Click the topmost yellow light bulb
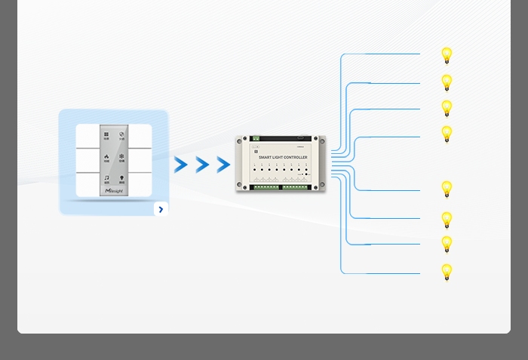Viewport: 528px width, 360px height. coord(447,55)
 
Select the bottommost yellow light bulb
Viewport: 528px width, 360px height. coord(447,272)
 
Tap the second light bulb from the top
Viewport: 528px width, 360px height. coord(447,82)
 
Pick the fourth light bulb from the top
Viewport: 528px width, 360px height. coord(447,134)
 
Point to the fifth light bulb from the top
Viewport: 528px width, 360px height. coord(447,189)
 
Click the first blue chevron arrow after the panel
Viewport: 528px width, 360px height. coord(181,165)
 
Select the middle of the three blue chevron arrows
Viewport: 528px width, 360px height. coord(202,165)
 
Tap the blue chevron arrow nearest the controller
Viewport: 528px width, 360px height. coord(223,165)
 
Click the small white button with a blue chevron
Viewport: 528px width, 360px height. coord(161,209)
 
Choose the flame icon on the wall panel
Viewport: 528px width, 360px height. coord(106,158)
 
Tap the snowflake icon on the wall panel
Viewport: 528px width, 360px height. coord(121,158)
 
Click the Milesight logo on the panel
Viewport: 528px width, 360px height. coord(114,192)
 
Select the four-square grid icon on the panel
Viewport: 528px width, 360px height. coord(106,136)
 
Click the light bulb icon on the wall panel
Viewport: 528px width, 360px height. coord(121,180)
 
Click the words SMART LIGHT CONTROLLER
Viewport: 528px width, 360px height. coord(283,158)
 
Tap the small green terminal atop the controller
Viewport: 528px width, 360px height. coord(256,138)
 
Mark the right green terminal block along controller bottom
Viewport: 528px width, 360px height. coord(296,186)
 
